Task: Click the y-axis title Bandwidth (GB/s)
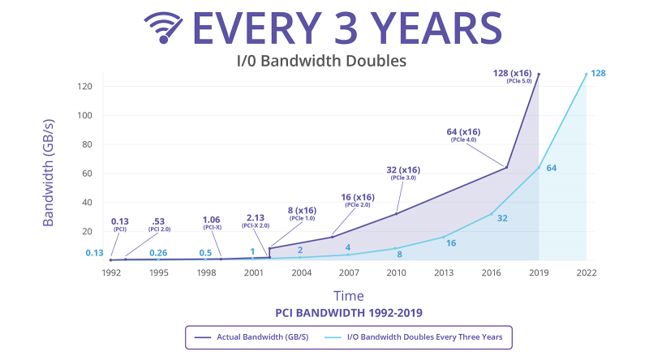(x=49, y=173)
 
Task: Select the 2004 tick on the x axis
(x=301, y=272)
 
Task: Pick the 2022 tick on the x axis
(x=585, y=272)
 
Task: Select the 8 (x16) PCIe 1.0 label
(x=301, y=214)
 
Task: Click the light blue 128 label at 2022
(x=599, y=74)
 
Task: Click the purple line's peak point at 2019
(x=538, y=74)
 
